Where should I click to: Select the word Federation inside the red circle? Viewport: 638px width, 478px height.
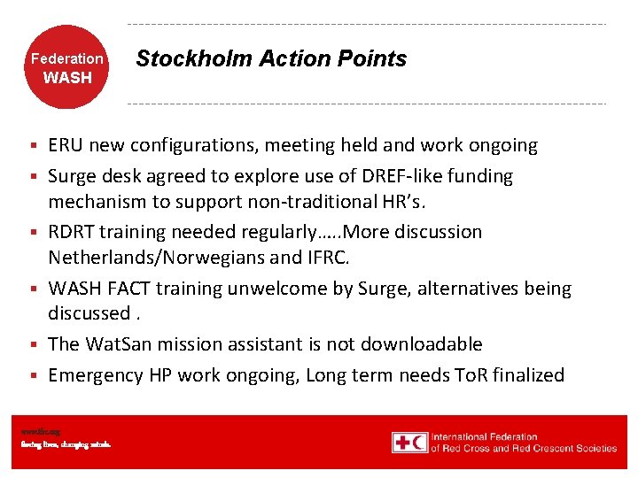point(67,59)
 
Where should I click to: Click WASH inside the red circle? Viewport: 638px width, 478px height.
point(67,78)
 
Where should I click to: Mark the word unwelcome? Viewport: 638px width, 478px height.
point(268,289)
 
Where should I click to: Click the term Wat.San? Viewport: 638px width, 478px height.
point(117,344)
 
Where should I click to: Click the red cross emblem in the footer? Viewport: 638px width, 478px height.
point(401,443)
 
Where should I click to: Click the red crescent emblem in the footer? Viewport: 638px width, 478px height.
point(418,443)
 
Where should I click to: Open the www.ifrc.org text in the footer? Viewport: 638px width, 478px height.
point(40,431)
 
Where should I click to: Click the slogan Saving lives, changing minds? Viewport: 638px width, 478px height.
point(66,444)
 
